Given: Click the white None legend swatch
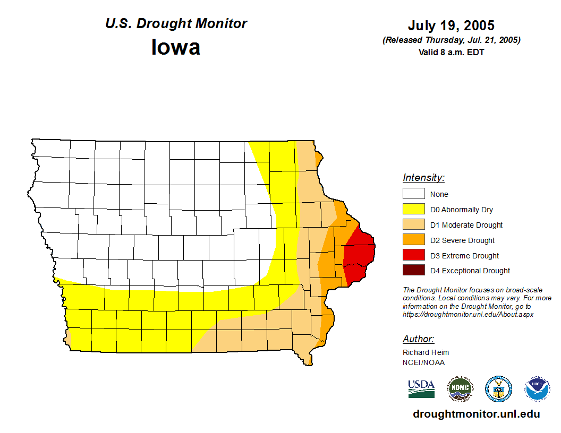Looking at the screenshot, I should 413,194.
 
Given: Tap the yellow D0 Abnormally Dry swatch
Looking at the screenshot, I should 413,209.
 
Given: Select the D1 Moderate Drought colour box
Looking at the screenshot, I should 413,224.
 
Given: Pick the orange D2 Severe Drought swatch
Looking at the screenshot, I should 413,240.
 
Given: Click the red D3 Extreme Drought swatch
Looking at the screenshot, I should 413,255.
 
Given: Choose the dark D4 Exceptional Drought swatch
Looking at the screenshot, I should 413,270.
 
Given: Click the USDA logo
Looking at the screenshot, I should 421,388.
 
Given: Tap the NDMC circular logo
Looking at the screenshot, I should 460,389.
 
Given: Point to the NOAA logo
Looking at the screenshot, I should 538,389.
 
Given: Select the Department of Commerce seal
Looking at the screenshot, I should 499,389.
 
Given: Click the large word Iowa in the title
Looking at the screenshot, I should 176,47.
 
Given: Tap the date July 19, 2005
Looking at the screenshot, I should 451,25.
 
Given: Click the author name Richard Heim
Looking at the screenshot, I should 426,352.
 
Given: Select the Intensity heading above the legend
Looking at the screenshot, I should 423,178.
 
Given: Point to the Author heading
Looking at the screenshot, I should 418,339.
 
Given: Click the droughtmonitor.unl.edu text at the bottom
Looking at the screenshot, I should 476,414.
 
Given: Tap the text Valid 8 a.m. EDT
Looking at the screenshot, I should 451,52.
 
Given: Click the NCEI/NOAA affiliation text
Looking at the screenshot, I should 423,362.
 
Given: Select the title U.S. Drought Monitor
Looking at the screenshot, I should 176,24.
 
